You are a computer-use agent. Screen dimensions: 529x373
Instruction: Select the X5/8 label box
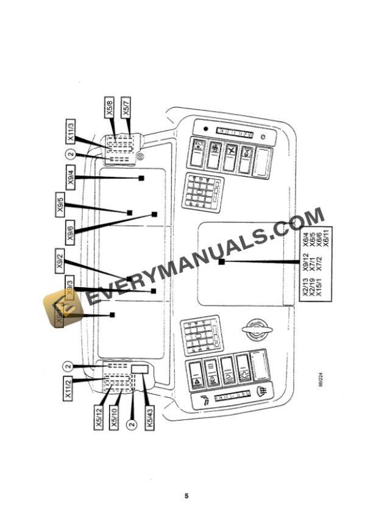tap(109, 108)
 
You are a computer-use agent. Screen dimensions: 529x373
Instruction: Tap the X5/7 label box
tap(126, 108)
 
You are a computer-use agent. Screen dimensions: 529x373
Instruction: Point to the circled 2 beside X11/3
tap(71, 154)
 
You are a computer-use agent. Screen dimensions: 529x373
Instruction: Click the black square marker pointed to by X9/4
tap(141, 178)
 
